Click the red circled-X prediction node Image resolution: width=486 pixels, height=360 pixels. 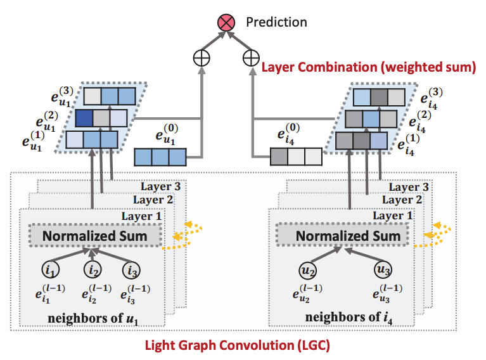(226, 23)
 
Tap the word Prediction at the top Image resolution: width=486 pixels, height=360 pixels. (276, 22)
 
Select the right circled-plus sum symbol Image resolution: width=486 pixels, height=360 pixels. (252, 58)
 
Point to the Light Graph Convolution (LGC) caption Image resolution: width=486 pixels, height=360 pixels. (238, 346)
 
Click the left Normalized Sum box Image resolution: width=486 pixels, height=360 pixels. (94, 236)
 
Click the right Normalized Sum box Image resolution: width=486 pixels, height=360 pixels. (348, 236)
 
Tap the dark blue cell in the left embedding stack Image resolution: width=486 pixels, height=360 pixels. (84, 118)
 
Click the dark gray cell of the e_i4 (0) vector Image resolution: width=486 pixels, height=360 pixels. (279, 156)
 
